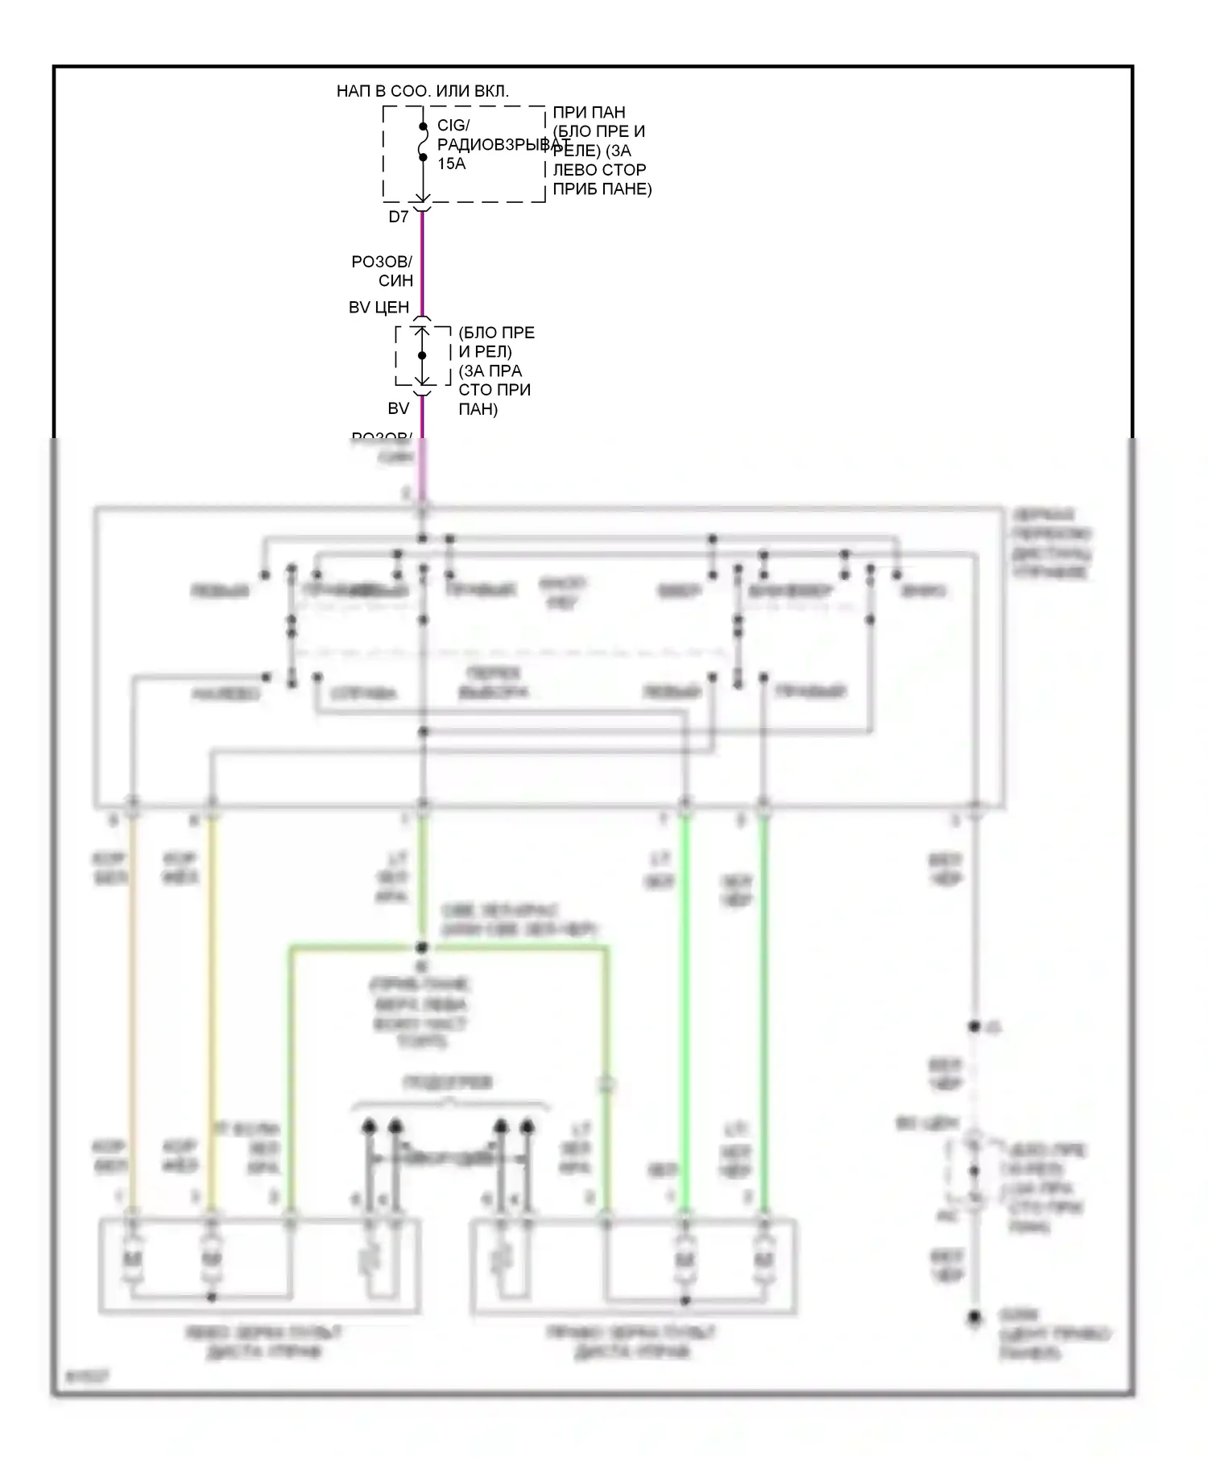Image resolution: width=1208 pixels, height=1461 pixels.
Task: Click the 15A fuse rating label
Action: coord(451,163)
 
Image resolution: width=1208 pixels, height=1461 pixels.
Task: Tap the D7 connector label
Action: coord(399,217)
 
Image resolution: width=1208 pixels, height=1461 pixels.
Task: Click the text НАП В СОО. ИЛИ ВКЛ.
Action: coord(422,91)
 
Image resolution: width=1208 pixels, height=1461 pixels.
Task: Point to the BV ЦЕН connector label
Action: coord(379,307)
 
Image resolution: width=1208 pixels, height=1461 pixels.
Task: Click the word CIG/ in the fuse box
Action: coord(453,126)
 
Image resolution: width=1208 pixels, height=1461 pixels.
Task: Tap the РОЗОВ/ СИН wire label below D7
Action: coord(383,271)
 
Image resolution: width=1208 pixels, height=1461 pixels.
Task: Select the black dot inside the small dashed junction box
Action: coord(422,355)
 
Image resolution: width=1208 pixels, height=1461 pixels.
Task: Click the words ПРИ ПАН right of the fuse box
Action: coord(589,112)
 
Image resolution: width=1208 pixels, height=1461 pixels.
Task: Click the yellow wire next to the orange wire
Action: coord(211,1007)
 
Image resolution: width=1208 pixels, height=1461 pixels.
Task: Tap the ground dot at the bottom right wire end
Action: coord(974,1318)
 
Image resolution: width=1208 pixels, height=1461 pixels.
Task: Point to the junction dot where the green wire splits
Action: coord(422,948)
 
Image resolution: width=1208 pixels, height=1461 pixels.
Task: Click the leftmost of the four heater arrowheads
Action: coord(369,1126)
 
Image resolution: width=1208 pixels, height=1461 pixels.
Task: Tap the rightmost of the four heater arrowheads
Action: coord(527,1126)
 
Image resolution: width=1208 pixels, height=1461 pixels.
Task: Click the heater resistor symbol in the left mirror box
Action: coord(370,1257)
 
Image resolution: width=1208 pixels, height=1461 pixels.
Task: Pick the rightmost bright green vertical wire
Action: coord(763,1007)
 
